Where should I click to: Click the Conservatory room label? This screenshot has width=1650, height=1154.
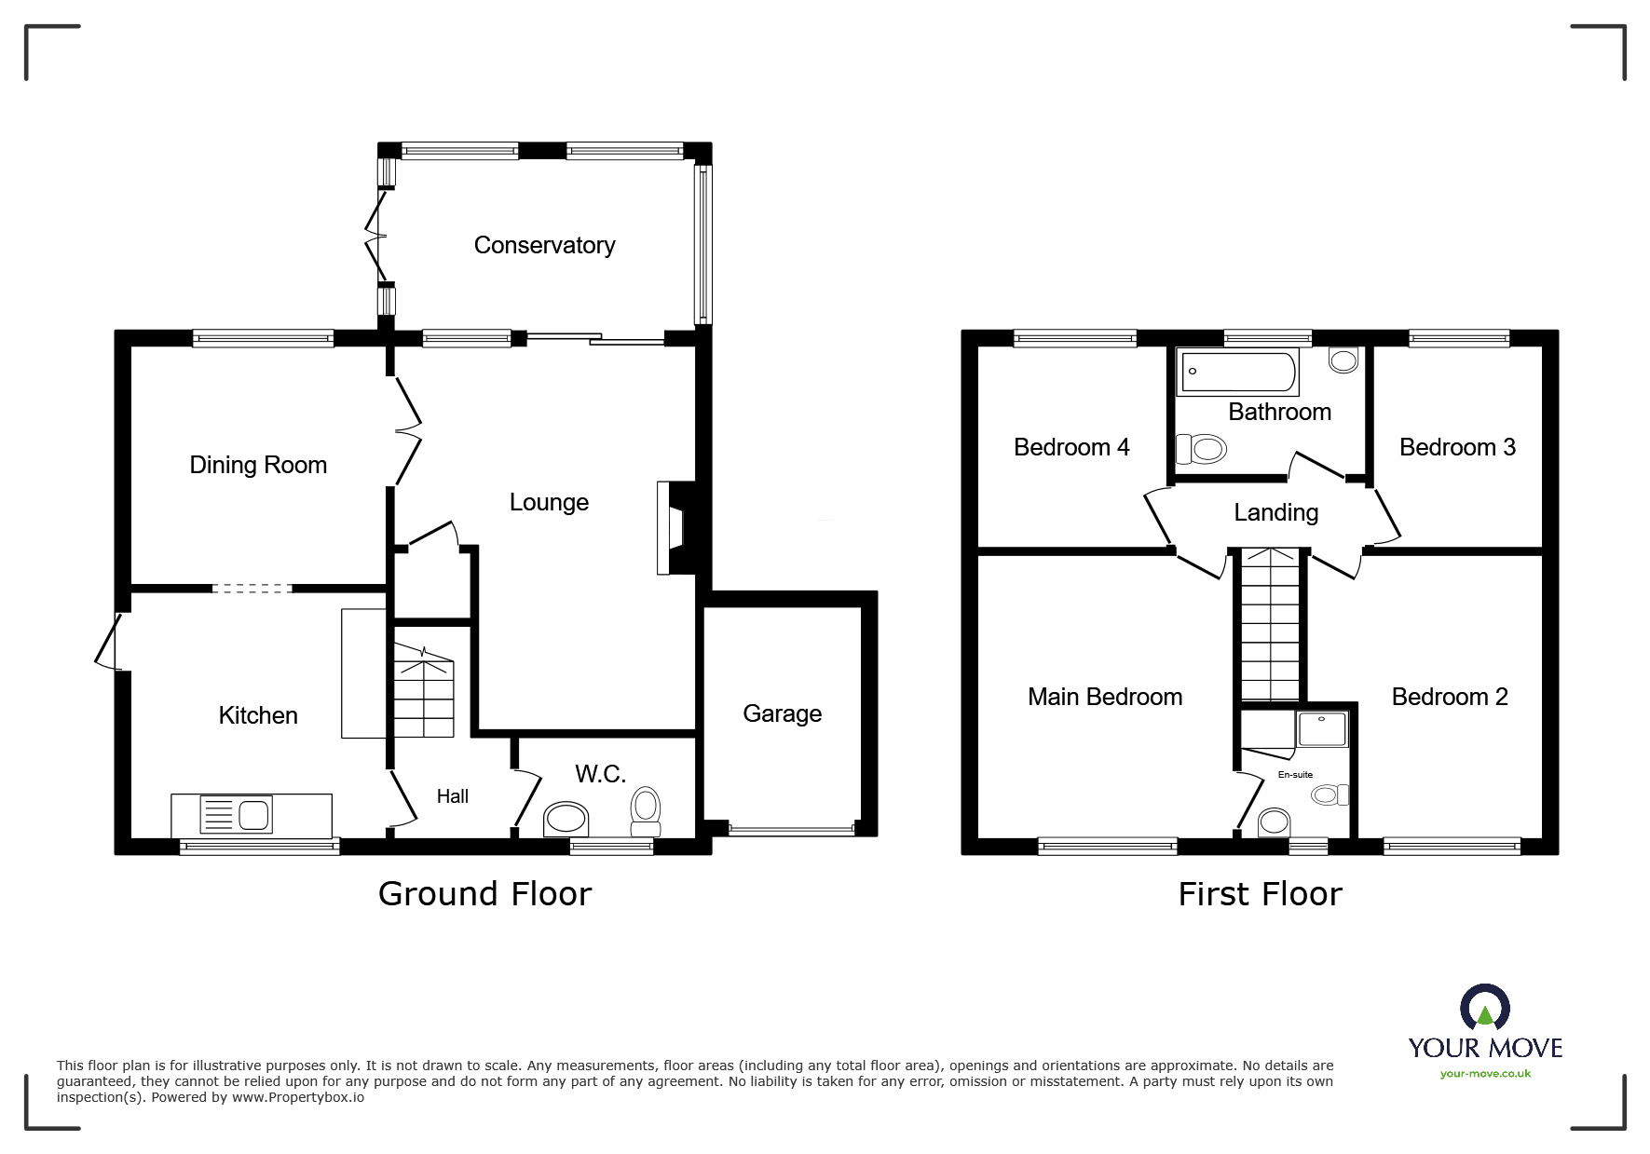tap(544, 245)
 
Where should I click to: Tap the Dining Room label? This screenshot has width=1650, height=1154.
tap(258, 465)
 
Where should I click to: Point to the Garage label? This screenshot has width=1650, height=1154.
tap(782, 713)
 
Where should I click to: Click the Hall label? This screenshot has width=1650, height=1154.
tap(453, 796)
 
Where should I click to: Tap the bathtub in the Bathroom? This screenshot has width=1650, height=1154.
tap(1237, 372)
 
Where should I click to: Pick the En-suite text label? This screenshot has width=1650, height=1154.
tap(1295, 775)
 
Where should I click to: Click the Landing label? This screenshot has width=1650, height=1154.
tap(1275, 512)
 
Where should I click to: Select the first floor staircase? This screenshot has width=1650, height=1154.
tap(1269, 624)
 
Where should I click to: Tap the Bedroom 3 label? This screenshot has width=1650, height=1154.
tap(1457, 447)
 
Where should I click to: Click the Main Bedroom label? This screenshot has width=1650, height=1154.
tap(1105, 697)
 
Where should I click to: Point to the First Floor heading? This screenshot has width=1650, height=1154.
tap(1260, 894)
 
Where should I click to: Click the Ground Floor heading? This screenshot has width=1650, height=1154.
tap(484, 894)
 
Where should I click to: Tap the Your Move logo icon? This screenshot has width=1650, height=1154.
tap(1485, 1009)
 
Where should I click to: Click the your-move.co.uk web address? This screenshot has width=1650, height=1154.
tap(1485, 1074)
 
